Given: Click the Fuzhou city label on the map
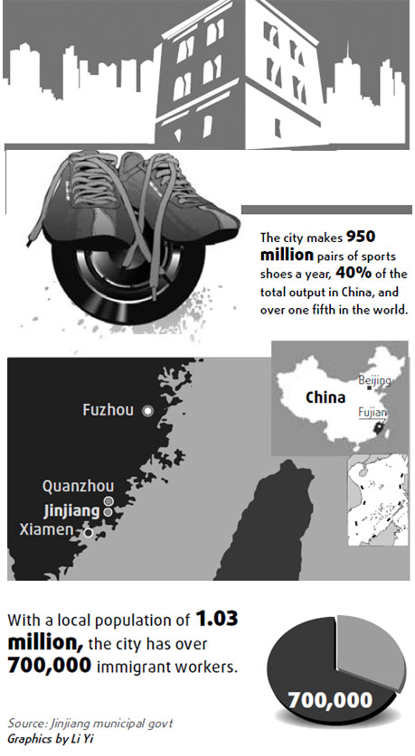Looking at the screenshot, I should (108, 410).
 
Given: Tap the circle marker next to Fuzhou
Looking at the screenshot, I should (147, 410).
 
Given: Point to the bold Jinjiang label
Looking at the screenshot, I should (71, 510).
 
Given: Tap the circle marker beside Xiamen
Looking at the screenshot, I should (88, 533).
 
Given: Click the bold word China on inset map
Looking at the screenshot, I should (325, 396).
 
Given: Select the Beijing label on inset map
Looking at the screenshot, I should (374, 382).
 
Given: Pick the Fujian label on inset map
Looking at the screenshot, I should (373, 413).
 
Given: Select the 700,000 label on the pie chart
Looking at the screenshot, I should (331, 698).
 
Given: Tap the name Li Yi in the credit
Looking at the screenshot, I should (81, 741).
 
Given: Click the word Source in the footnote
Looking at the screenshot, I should (26, 724).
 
